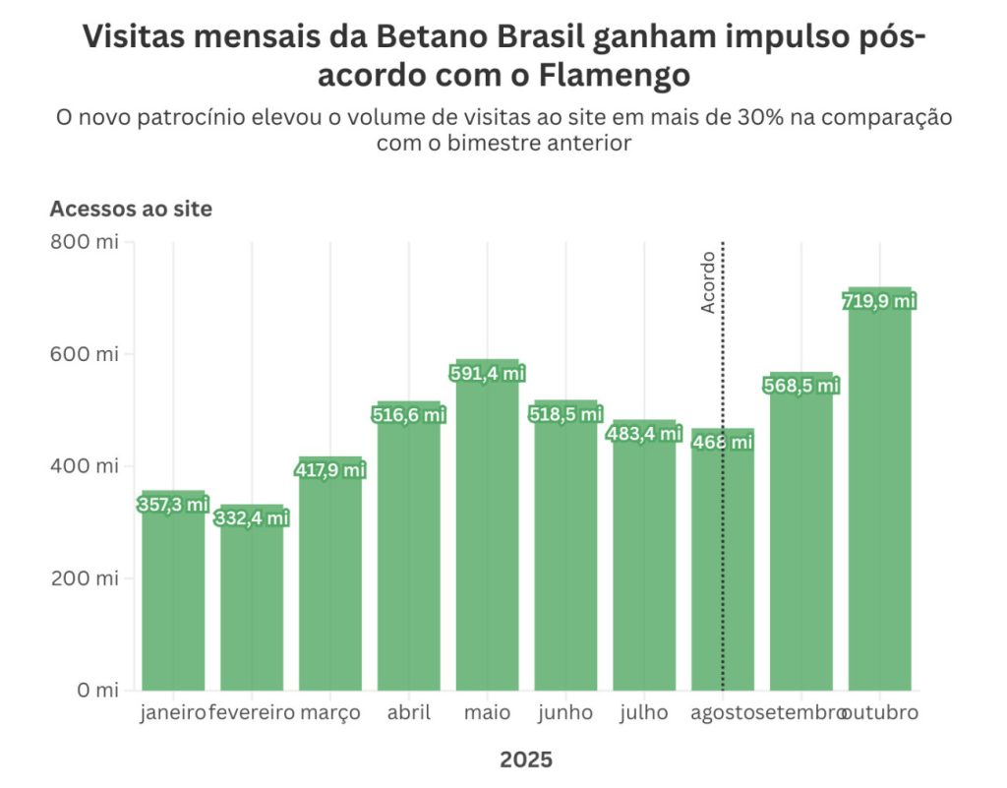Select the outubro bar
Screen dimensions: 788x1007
(879, 512)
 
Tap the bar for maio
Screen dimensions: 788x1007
(487, 541)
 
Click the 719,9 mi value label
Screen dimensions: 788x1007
(879, 301)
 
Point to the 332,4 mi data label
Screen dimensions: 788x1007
(252, 519)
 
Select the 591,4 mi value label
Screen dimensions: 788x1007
(487, 373)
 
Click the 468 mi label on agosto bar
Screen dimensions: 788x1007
(723, 443)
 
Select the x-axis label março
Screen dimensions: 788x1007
(330, 712)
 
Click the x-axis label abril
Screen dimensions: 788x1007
(409, 712)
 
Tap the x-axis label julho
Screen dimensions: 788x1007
(644, 712)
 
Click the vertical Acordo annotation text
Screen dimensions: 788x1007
(708, 283)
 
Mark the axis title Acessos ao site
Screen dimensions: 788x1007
(131, 209)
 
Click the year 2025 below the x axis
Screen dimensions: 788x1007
(526, 760)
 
